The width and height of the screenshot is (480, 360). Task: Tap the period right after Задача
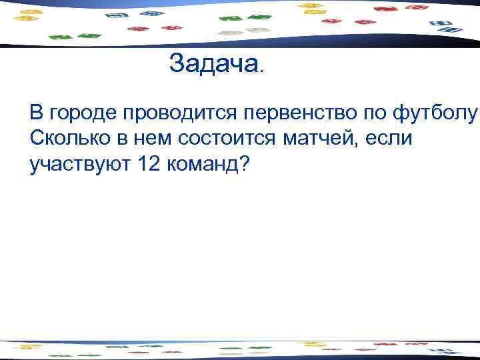click(x=261, y=69)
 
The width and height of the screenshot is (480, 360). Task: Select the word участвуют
click(x=79, y=165)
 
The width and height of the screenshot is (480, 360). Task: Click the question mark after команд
click(x=243, y=164)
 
